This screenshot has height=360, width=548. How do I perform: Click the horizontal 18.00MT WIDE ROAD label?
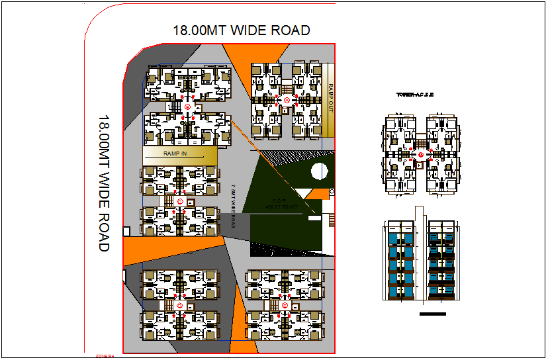tap(241, 30)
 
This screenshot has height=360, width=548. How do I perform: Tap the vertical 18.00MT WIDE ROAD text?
tap(104, 183)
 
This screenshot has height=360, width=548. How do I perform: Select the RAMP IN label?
tap(175, 154)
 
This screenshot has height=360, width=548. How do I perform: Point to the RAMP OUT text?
tap(330, 98)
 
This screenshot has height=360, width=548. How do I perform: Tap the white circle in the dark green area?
tap(320, 171)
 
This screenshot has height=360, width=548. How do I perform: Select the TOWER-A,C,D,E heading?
tap(415, 95)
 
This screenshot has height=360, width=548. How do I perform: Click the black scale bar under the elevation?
tap(433, 314)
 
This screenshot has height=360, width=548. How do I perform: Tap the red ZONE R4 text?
tap(106, 356)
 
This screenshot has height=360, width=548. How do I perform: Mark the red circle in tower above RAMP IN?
tap(187, 107)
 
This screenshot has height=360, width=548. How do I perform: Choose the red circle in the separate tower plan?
tap(420, 154)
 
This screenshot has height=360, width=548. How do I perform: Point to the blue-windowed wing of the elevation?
tap(401, 261)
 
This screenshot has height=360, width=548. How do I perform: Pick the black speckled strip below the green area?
tap(285, 247)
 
